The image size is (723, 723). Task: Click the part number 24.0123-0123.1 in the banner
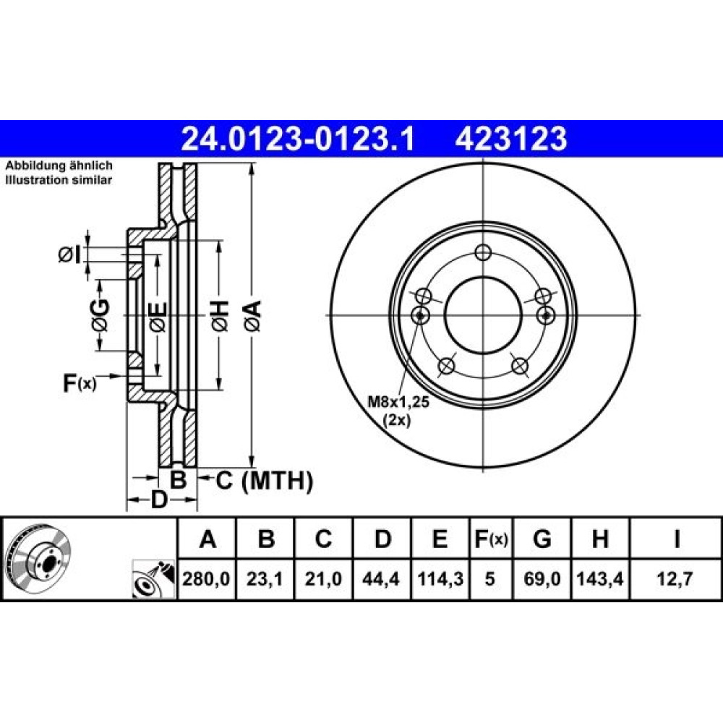point(298,139)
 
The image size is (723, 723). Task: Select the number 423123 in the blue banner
point(511,139)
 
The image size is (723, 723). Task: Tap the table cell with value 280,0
point(206,578)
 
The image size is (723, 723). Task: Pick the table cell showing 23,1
point(265,578)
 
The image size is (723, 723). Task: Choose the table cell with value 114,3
point(440,578)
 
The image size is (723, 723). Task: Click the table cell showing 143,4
point(600,578)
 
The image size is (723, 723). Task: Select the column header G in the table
point(542,538)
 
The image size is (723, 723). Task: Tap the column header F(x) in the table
point(491,538)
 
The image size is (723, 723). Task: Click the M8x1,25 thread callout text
point(398,402)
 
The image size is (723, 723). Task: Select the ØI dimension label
point(69,254)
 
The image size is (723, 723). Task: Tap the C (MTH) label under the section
point(264,481)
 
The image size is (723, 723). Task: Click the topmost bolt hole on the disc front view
point(483,252)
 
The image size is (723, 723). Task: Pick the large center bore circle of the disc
point(483,277)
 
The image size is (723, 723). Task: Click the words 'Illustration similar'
point(59,180)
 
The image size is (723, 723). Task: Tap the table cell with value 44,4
point(381,578)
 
